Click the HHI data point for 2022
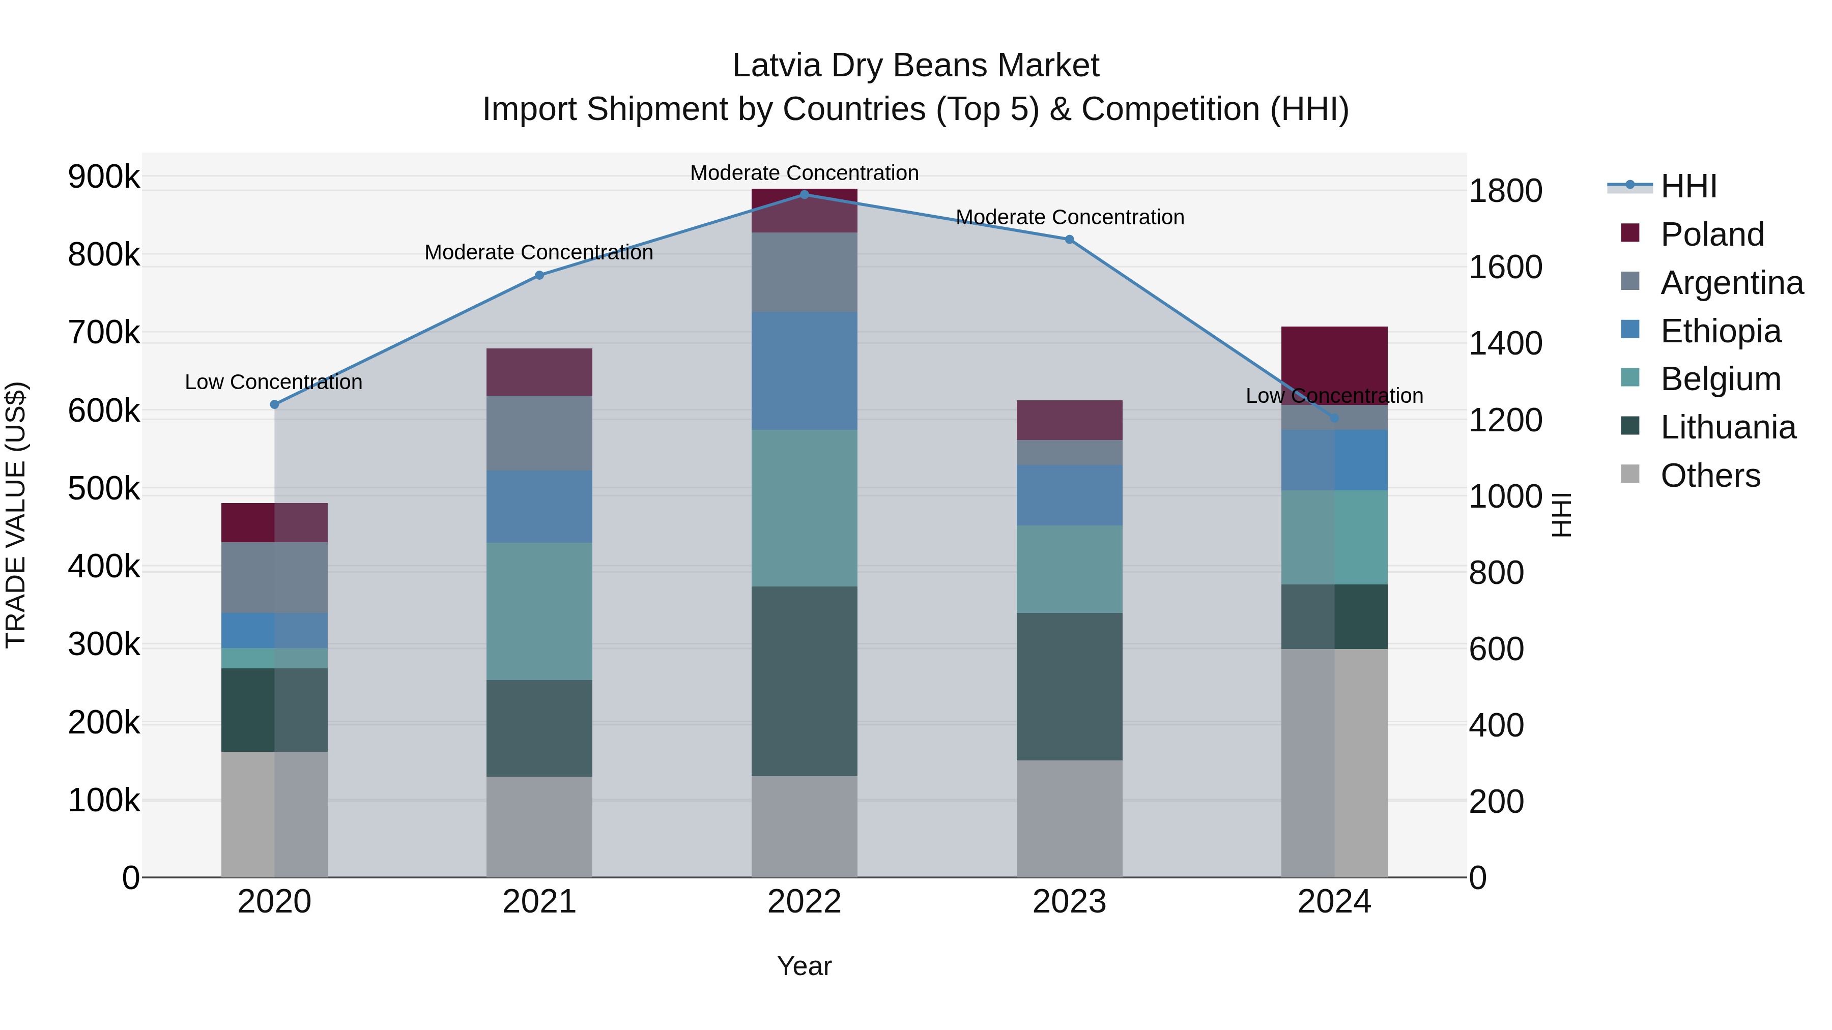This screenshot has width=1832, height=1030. click(805, 194)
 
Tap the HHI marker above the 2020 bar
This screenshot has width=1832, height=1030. click(274, 404)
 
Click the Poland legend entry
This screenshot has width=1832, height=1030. click(1712, 234)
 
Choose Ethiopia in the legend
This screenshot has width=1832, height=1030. click(1721, 331)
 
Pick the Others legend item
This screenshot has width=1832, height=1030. click(1710, 476)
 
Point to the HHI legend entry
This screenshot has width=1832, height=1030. click(1688, 186)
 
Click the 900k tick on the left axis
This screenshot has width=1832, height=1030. click(104, 176)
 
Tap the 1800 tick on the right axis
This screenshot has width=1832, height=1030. click(1505, 191)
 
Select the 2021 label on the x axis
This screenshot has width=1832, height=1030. click(539, 902)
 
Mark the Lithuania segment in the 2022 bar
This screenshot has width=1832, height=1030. click(805, 681)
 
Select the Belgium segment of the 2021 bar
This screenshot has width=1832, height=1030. click(539, 611)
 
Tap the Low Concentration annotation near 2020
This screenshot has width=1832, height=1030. click(274, 382)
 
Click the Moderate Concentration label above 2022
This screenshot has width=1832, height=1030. click(805, 173)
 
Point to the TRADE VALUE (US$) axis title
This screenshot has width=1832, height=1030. click(16, 515)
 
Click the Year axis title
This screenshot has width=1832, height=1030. click(805, 966)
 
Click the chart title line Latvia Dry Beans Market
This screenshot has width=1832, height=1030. click(915, 66)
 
